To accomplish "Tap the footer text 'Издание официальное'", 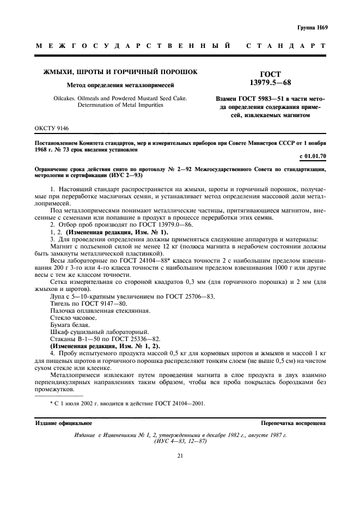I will [64, 422].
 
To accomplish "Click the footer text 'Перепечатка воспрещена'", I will [294, 422].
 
